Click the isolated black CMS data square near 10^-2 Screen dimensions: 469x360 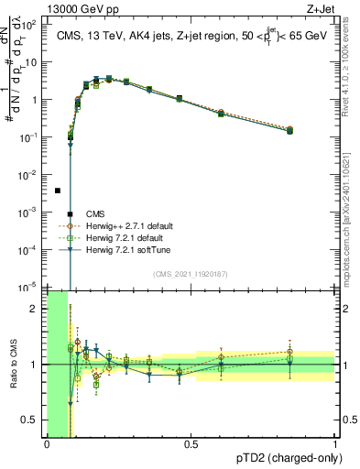point(58,191)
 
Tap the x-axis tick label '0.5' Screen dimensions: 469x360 point(191,444)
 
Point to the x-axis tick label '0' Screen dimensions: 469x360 point(47,444)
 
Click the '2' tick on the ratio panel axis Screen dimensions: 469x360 point(37,309)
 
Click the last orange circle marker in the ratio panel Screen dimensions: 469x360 point(289,351)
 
